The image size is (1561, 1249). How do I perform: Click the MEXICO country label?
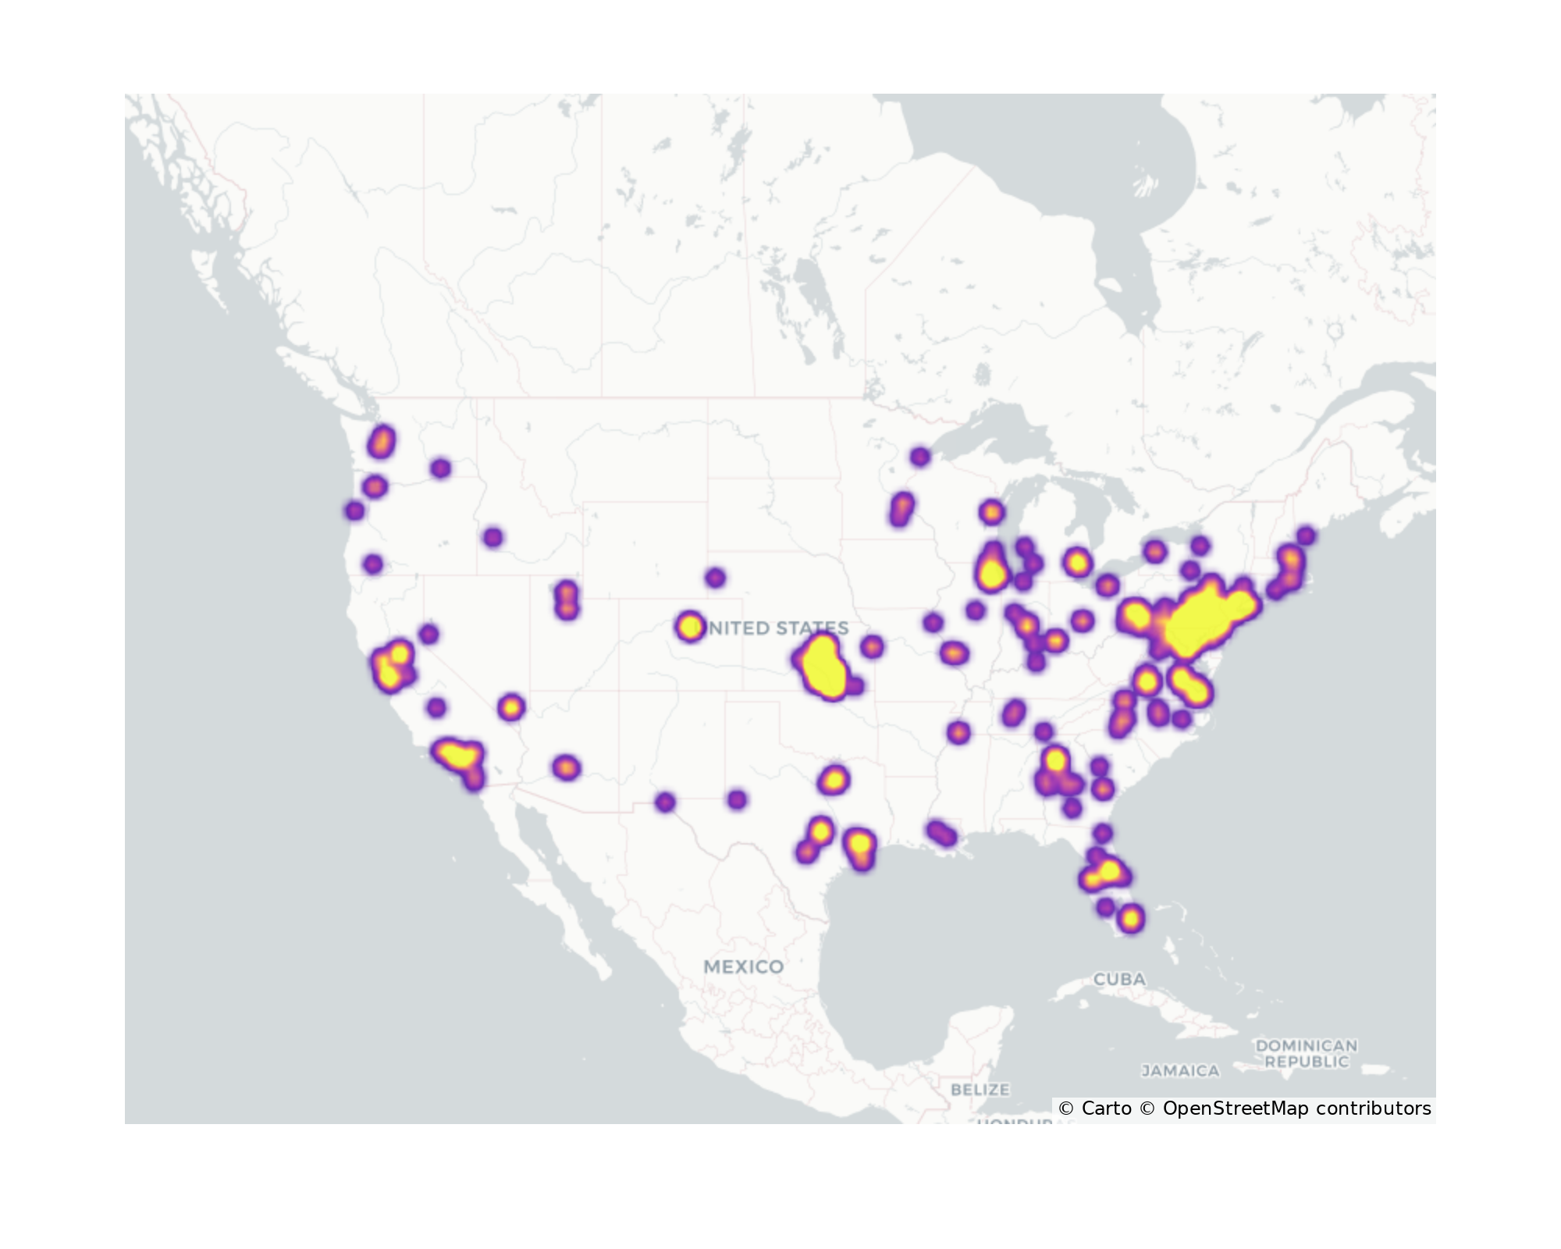(x=743, y=966)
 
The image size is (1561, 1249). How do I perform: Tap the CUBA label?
(x=1119, y=979)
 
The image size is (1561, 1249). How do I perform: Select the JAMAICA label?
(x=1180, y=1070)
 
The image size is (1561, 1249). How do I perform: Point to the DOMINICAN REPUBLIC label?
(x=1306, y=1053)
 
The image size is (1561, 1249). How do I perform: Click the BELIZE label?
(x=980, y=1089)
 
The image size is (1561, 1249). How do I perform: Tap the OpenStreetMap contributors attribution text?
(x=1296, y=1108)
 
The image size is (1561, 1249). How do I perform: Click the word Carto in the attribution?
(x=1105, y=1108)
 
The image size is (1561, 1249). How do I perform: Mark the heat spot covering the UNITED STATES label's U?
(x=689, y=626)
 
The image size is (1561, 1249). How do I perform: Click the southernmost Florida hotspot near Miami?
(x=1131, y=919)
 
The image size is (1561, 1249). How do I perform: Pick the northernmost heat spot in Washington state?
(x=382, y=442)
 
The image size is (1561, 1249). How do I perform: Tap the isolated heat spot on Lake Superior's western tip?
(x=920, y=457)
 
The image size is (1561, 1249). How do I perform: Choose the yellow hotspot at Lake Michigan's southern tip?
(x=992, y=572)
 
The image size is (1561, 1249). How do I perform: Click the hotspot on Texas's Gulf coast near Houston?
(x=859, y=845)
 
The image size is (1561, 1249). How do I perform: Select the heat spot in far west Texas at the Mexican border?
(x=665, y=802)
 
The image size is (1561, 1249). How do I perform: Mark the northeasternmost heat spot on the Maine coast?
(x=1306, y=536)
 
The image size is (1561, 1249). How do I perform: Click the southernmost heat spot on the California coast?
(x=474, y=778)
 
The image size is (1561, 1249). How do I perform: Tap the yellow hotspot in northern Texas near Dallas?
(x=834, y=779)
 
